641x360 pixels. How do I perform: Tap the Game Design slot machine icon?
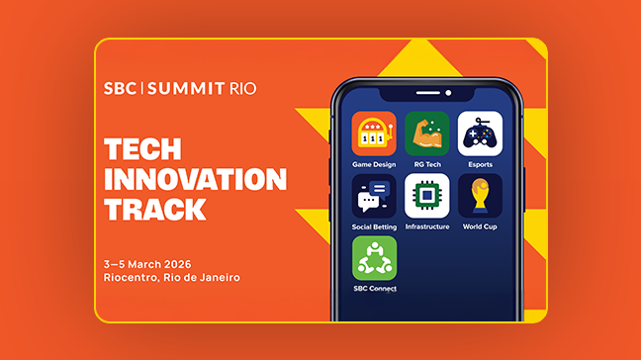(x=374, y=133)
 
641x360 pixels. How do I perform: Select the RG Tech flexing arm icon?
(x=426, y=133)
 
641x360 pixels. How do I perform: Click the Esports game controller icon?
(x=480, y=133)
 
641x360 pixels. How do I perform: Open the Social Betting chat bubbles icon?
(x=374, y=196)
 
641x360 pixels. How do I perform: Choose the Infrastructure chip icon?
(x=426, y=196)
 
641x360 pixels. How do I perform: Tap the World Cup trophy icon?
(x=480, y=196)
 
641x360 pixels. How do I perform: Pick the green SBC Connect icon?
(x=374, y=258)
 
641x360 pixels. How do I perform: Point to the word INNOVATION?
(x=195, y=180)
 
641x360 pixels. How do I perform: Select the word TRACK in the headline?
(x=155, y=210)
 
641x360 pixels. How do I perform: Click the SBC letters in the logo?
(x=121, y=88)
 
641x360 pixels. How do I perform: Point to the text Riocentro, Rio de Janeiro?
(x=171, y=277)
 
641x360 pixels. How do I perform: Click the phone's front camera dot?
(x=448, y=94)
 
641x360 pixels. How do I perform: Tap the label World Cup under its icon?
(x=480, y=226)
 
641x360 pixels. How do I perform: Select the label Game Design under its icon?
(x=374, y=164)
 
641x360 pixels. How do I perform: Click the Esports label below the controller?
(x=480, y=164)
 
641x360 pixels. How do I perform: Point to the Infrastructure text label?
(x=426, y=226)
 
